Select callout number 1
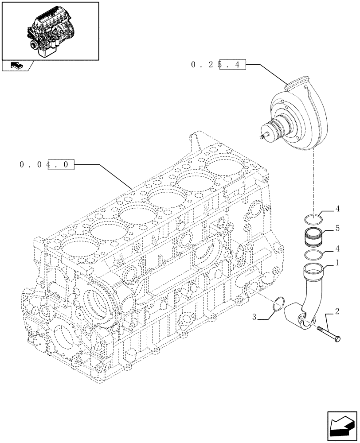coord(337,263)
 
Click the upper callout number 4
coord(337,208)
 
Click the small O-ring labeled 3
coord(278,303)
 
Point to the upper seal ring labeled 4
coord(313,218)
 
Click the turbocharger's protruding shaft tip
coord(262,137)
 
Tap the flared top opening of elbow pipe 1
coord(313,268)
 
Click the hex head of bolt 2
coord(338,340)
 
